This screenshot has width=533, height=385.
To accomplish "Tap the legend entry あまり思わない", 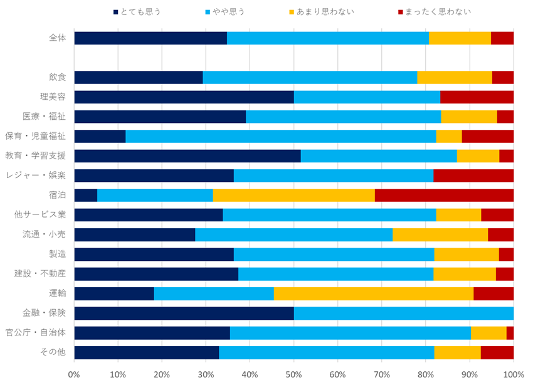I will pyautogui.click(x=327, y=11).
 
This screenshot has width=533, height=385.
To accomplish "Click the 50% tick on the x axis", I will pyautogui.click(x=293, y=374).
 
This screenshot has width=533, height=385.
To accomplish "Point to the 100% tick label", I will pyautogui.click(x=513, y=374).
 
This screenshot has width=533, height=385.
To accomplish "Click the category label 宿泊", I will pyautogui.click(x=57, y=195).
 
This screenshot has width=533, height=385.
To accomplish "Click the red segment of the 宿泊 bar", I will pyautogui.click(x=444, y=195).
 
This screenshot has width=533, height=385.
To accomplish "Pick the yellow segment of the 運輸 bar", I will pyautogui.click(x=374, y=293).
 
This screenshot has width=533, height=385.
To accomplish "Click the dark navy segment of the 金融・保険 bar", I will pyautogui.click(x=184, y=313).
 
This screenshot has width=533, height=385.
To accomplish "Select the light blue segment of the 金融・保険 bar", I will pyautogui.click(x=404, y=313).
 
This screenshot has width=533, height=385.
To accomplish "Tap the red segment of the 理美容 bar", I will pyautogui.click(x=477, y=97).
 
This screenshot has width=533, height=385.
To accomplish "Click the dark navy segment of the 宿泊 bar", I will pyautogui.click(x=85, y=195).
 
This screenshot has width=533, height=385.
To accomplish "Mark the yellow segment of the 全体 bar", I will pyautogui.click(x=460, y=38).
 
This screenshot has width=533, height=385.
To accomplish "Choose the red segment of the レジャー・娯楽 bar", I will pyautogui.click(x=473, y=176).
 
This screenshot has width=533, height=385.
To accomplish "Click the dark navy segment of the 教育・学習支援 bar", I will pyautogui.click(x=187, y=156).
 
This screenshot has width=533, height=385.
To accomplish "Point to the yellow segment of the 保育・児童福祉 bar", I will pyautogui.click(x=449, y=136).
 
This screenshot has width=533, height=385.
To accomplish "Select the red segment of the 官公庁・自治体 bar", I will pyautogui.click(x=510, y=332).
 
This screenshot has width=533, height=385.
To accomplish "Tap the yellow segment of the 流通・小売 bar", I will pyautogui.click(x=440, y=235).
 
